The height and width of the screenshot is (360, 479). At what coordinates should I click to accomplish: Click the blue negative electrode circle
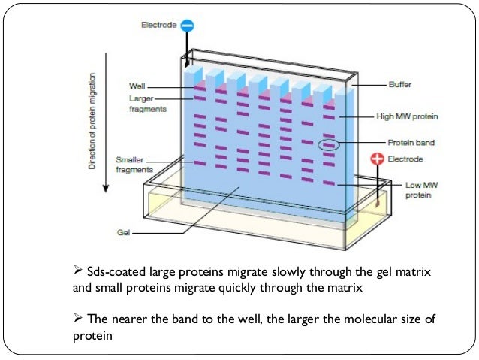pos(188,26)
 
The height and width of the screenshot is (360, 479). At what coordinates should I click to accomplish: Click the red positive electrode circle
pos(377,159)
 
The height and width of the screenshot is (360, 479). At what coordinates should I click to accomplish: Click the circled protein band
pos(328,144)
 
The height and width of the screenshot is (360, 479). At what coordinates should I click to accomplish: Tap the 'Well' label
pos(137,86)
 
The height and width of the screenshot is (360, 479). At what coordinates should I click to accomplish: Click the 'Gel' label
pos(124,232)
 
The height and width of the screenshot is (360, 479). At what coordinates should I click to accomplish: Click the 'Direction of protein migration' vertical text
pos(92,120)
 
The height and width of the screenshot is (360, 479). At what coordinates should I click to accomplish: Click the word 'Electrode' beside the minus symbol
pos(159,26)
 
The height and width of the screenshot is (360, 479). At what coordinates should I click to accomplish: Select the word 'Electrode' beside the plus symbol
pos(405,159)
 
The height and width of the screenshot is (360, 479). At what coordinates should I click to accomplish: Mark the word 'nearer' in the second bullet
pos(130,319)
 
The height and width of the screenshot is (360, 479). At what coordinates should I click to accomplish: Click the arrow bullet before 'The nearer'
pos(79,319)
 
